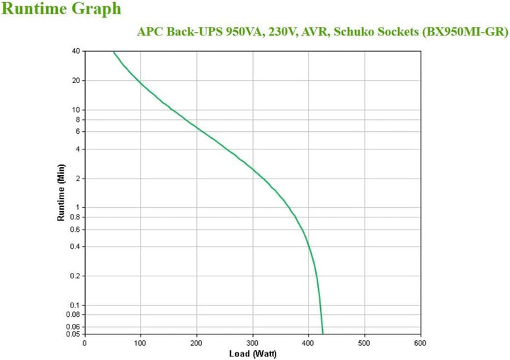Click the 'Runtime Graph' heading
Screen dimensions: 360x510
62,10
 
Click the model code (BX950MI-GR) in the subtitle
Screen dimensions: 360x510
466,33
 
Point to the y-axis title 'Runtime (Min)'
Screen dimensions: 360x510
61,192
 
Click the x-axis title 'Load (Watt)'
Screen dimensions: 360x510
251,353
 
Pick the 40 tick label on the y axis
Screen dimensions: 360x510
76,51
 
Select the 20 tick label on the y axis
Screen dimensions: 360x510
76,81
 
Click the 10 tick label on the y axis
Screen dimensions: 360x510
76,110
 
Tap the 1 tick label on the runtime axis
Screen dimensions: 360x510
78,208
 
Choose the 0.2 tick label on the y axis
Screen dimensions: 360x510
74,276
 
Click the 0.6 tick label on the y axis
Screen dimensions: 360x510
74,230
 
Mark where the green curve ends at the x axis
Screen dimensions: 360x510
322,333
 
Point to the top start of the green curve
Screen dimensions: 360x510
113,52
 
